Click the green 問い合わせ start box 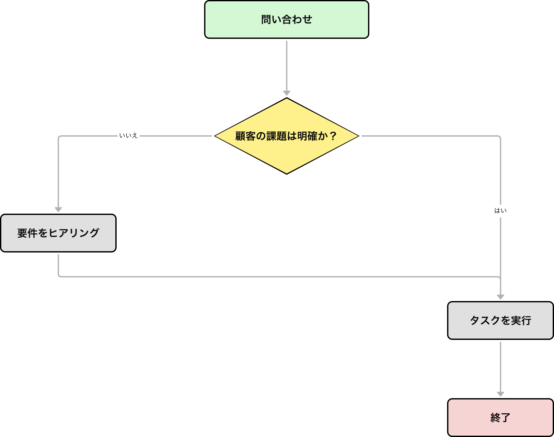pyautogui.click(x=286, y=19)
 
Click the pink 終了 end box pyautogui.click(x=500, y=418)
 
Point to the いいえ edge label pyautogui.click(x=129, y=136)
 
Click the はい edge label pyautogui.click(x=500, y=211)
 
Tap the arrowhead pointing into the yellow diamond pyautogui.click(x=286, y=94)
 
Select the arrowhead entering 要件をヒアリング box pyautogui.click(x=58, y=210)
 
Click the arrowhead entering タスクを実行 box pyautogui.click(x=501, y=297)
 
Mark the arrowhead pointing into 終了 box pyautogui.click(x=501, y=394)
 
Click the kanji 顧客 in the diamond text pyautogui.click(x=245, y=136)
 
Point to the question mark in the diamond pyautogui.click(x=333, y=136)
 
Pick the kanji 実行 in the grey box pyautogui.click(x=521, y=320)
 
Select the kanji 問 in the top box pyautogui.click(x=266, y=19)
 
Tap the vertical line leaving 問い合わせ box pyautogui.click(x=286, y=65)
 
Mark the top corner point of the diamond pyautogui.click(x=286, y=98)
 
